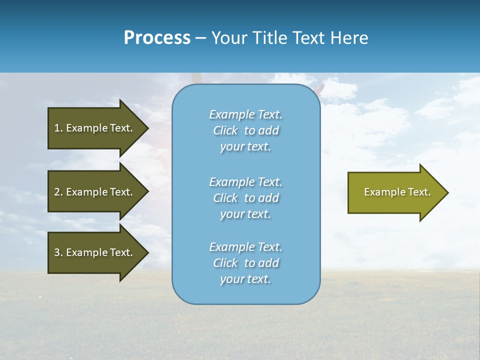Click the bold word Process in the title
tap(157, 38)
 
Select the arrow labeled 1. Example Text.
tap(95, 128)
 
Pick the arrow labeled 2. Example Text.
tap(95, 192)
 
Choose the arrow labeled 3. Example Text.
tap(95, 252)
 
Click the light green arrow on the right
tap(395, 192)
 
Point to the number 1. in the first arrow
tap(58, 128)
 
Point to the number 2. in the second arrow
tap(58, 192)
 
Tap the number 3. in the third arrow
tap(58, 252)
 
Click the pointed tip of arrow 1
tap(147, 128)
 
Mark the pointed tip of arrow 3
tap(147, 252)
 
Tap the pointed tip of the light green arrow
tap(447, 192)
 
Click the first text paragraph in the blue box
tap(245, 130)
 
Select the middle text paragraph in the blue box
tap(245, 198)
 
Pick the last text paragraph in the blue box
tap(245, 263)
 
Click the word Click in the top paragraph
tap(225, 130)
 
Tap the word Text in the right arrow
tap(419, 192)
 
